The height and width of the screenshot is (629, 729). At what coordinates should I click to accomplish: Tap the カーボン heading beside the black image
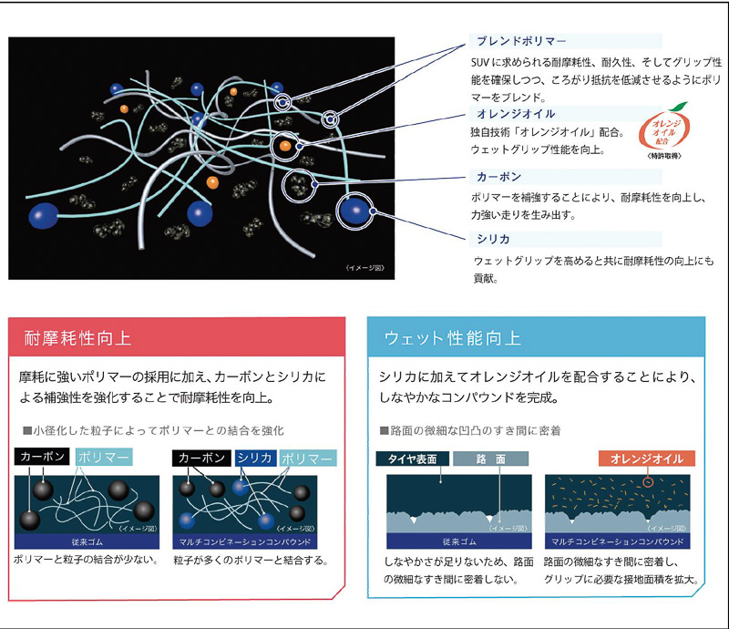point(499,177)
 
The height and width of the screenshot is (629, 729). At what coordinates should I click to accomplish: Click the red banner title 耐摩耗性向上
point(77,339)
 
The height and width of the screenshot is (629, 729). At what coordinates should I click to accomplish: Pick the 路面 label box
point(490,459)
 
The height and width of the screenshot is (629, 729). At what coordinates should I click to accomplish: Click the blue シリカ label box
point(254,458)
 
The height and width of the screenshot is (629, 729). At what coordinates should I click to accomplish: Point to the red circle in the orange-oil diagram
point(648,480)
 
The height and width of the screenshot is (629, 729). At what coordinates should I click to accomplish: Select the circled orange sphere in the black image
point(284,145)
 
